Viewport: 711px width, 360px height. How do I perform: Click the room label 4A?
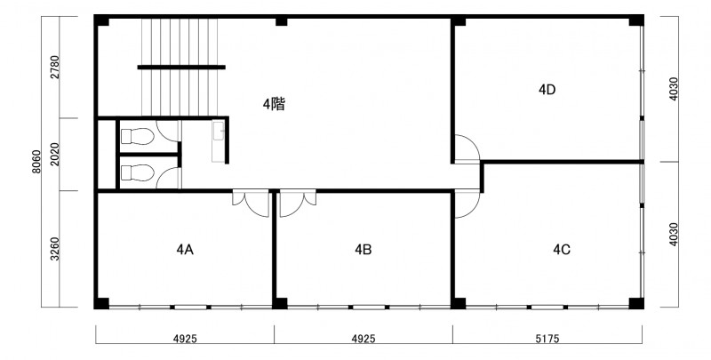185,250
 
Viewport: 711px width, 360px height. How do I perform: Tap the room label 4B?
363,250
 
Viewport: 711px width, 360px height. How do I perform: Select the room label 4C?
562,250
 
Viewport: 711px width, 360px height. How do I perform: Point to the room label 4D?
547,90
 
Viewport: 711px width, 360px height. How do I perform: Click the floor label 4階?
274,105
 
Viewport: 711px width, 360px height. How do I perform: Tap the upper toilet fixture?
138,136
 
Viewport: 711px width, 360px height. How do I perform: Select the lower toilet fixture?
138,172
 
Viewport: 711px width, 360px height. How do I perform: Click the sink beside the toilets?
218,141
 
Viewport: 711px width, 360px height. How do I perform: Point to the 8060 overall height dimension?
36,162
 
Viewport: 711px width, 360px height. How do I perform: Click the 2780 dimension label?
55,67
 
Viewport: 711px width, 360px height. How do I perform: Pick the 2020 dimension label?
55,154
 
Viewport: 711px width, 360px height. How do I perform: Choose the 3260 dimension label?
55,250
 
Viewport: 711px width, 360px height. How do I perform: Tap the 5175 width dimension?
547,339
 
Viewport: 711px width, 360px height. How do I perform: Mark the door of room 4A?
251,204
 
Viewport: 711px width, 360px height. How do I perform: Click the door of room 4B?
298,204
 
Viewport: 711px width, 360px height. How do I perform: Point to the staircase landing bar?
181,67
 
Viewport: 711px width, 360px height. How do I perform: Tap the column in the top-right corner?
635,20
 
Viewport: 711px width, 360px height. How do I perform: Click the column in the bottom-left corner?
101,303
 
